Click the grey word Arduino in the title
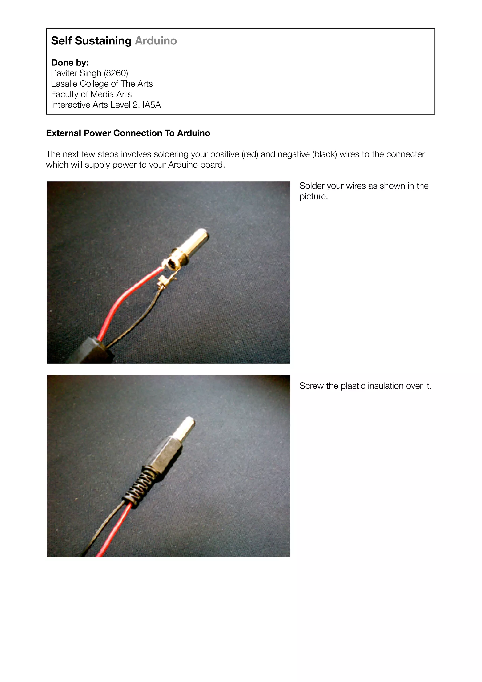(156, 41)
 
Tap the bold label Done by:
(70, 63)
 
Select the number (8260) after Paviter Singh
(116, 73)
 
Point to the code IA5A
(152, 105)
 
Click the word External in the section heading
(64, 133)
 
